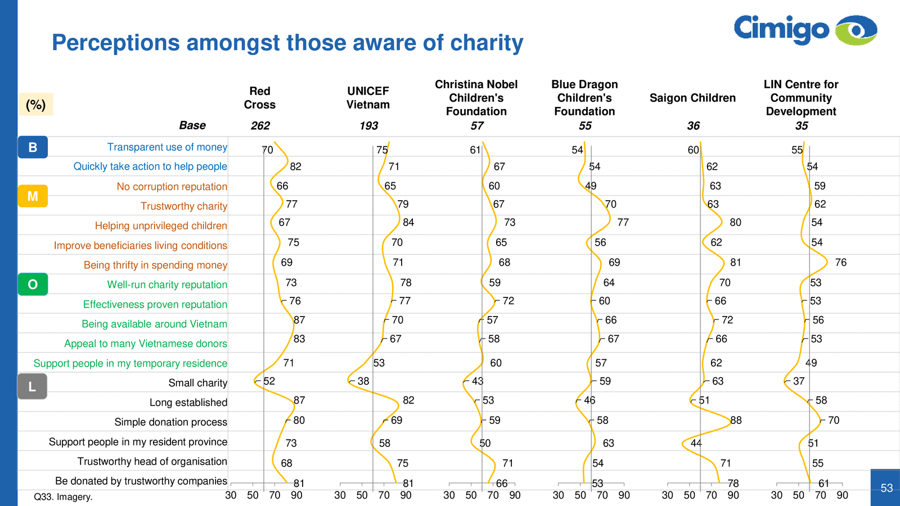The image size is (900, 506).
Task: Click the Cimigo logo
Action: coord(805,30)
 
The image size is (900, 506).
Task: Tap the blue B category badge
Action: coord(33,147)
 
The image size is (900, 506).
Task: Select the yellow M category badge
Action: coord(33,196)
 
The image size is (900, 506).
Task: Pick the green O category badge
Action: coord(33,284)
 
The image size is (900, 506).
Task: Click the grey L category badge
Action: coord(32,387)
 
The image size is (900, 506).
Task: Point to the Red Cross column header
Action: coord(259,98)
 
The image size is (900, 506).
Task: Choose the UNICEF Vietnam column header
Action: coord(368,98)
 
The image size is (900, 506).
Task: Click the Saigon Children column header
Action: coord(692,98)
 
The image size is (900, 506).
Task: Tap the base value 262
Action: coord(260,126)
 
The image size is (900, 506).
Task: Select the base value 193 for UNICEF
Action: coord(368,126)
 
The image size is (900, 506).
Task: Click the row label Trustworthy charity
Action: coord(184,206)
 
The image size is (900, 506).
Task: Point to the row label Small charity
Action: coord(197,383)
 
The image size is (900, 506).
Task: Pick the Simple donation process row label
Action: coord(170,422)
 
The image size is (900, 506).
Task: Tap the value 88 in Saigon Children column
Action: coord(736,421)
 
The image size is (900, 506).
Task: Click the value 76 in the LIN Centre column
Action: coord(840,263)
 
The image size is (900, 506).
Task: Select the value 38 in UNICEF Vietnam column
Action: coord(363,381)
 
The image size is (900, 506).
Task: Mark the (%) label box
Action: coord(36,105)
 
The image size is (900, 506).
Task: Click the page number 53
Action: coord(886,488)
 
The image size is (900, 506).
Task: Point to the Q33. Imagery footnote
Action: coord(63,497)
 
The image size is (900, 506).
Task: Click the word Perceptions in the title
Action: coord(116,43)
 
